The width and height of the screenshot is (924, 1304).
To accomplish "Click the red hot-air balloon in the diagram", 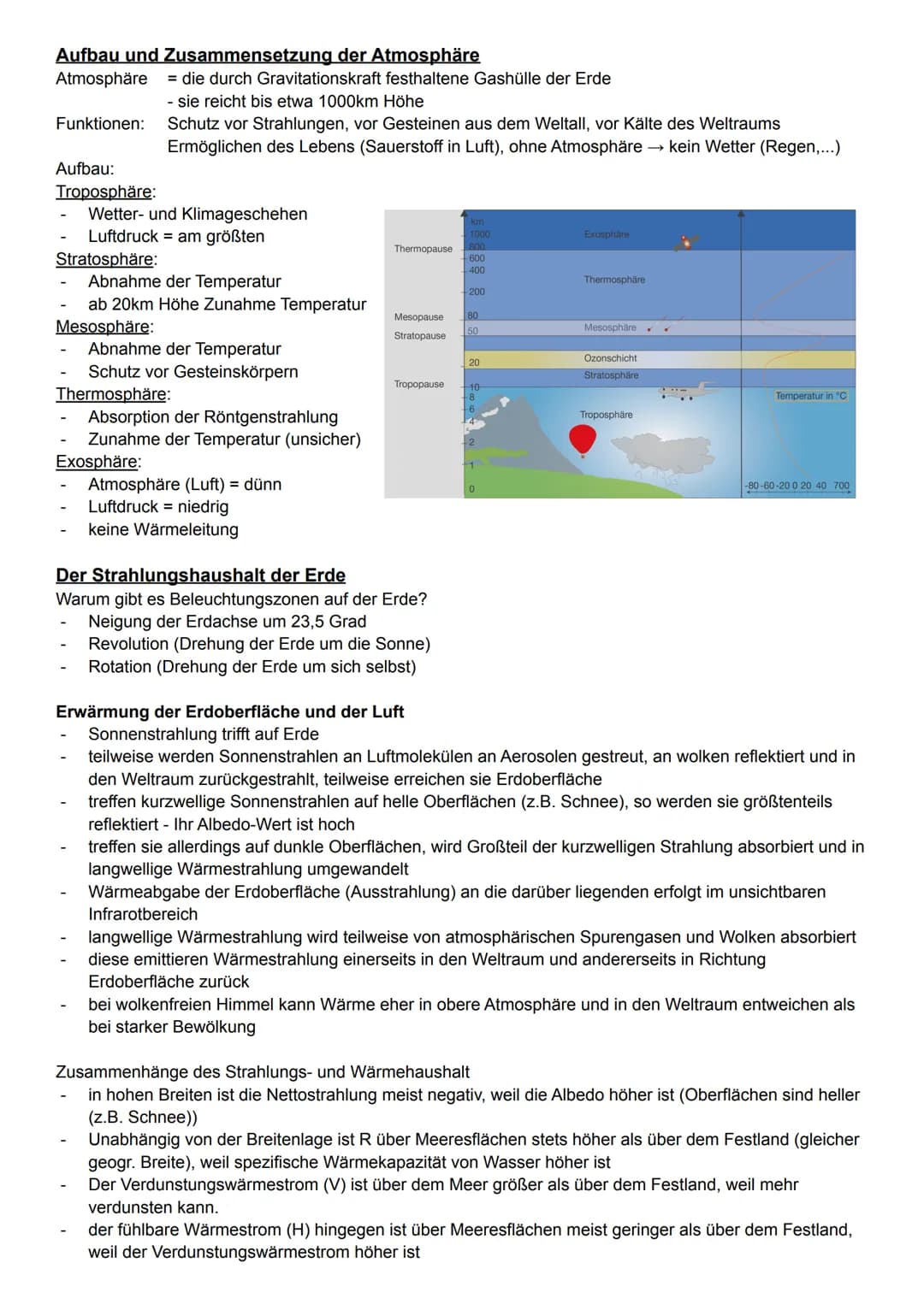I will [x=583, y=440].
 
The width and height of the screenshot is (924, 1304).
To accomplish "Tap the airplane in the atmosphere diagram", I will [x=688, y=392].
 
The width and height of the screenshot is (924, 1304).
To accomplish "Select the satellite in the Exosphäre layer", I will [x=686, y=243].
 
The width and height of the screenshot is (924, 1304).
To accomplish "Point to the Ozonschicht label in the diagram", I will [x=610, y=358].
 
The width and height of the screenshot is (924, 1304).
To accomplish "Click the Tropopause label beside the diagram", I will [x=419, y=384].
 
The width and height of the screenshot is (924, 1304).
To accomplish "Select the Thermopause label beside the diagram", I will [x=423, y=249].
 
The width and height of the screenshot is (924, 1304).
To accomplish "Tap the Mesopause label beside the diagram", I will [x=418, y=316].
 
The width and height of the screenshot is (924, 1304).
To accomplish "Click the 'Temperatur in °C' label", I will [x=810, y=396].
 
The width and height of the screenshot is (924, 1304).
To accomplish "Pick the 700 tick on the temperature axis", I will [x=841, y=486].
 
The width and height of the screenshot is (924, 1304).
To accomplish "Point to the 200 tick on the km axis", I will [x=477, y=292].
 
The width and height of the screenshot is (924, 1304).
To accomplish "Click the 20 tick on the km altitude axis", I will [x=474, y=363].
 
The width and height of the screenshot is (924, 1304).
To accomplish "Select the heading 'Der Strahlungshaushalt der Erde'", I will [x=200, y=575].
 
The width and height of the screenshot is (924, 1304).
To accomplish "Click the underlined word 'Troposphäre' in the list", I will [x=104, y=191].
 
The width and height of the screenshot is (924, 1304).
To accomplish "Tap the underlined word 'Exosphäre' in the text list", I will [x=97, y=462].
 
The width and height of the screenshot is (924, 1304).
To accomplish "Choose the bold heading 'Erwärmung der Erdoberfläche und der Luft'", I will [x=229, y=711].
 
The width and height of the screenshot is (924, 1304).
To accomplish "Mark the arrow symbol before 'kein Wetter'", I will [x=654, y=146].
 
